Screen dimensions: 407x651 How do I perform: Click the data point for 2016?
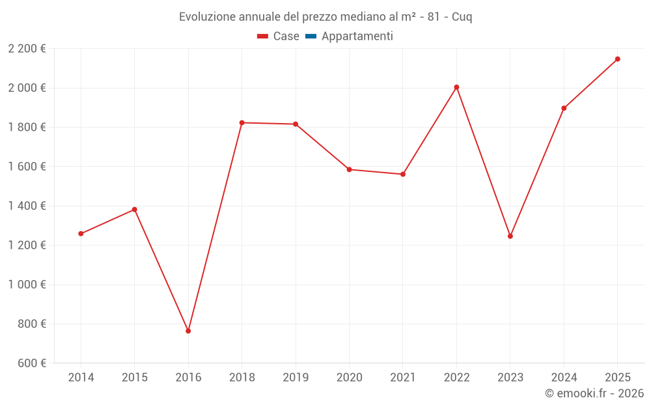point(188,331)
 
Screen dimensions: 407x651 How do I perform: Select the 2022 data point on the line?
point(456,87)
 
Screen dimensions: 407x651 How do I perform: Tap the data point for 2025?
point(618,59)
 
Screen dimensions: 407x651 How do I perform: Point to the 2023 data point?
point(510,236)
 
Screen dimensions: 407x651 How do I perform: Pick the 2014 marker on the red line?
point(81,234)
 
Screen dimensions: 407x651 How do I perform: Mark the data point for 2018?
point(242,122)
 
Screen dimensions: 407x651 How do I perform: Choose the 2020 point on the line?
point(349,169)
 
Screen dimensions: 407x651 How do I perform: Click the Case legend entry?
point(279,36)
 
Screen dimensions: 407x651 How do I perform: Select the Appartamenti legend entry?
point(350,36)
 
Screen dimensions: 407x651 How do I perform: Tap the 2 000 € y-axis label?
point(27,88)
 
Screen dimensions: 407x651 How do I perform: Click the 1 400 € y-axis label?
point(27,206)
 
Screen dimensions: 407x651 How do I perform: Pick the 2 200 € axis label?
point(27,48)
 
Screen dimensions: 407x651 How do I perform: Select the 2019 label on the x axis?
point(296,378)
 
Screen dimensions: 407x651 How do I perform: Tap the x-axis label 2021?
point(403,378)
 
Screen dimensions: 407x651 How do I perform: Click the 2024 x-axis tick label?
point(564,378)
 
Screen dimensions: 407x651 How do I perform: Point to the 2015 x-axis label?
point(135,378)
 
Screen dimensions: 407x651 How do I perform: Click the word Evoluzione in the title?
point(205,17)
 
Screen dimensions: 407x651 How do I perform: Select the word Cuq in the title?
point(462,17)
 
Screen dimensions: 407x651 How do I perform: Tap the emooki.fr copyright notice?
point(594,393)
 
